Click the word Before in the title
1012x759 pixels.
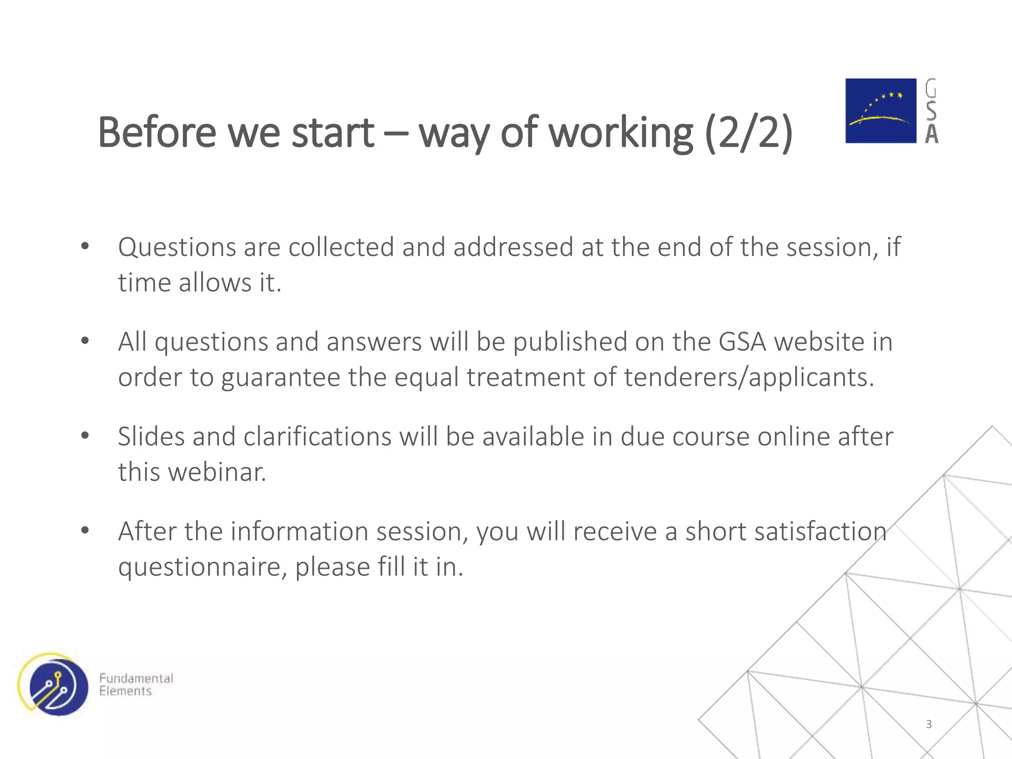[157, 132]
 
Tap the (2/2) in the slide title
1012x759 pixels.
[748, 132]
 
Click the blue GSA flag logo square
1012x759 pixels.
[881, 111]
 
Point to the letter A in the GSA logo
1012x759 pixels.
[931, 133]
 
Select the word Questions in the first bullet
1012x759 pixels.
[176, 247]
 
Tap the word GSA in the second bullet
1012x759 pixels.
[742, 342]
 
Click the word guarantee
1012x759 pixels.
[281, 378]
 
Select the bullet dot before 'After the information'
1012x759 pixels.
[85, 531]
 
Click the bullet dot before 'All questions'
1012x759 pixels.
[85, 341]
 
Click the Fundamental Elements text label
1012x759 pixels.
[136, 684]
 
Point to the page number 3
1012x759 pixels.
[928, 724]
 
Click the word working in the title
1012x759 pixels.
[621, 132]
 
